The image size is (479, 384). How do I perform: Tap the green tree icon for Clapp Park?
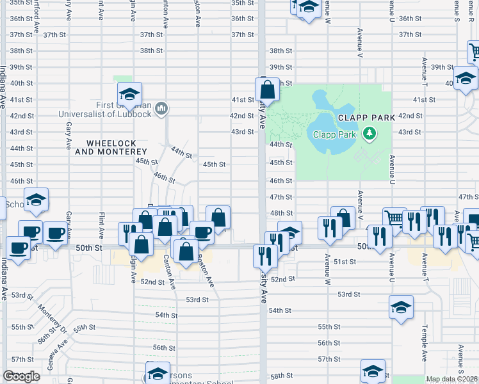[x=368, y=134]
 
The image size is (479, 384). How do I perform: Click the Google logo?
[x=21, y=376]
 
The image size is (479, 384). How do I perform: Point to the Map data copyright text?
[x=452, y=379]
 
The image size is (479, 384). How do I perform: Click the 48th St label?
[x=281, y=213]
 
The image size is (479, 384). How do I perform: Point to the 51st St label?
[x=345, y=262]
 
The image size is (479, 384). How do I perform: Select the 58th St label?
[x=281, y=376]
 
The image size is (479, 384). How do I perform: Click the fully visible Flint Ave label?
[x=101, y=215]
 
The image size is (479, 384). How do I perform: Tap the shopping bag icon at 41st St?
[x=268, y=89]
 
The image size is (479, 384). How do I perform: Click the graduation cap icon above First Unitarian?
[x=129, y=94]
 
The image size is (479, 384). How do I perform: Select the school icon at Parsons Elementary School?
[x=158, y=372]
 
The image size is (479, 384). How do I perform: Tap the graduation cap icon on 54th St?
[x=401, y=307]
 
